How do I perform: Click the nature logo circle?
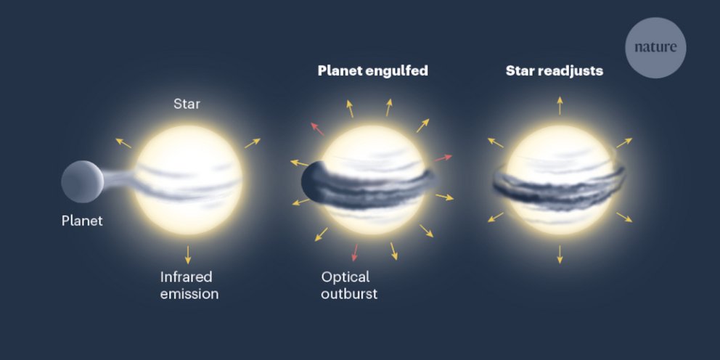(x=655, y=48)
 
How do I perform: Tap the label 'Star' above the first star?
(x=187, y=104)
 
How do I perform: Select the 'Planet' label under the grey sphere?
(x=82, y=221)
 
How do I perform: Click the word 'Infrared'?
(x=186, y=277)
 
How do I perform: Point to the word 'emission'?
(x=189, y=294)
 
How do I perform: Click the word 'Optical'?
(x=345, y=277)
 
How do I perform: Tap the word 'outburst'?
(x=349, y=294)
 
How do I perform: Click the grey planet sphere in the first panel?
(x=82, y=181)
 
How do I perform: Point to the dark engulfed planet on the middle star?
(x=314, y=181)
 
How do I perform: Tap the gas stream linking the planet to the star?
(x=118, y=179)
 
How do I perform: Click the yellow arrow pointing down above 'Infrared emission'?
(x=187, y=255)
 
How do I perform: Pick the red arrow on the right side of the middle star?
(x=443, y=158)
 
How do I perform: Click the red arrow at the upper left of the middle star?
(x=317, y=129)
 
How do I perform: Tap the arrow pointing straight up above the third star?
(x=560, y=106)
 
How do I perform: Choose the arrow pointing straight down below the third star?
(x=560, y=254)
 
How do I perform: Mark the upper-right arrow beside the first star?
(x=252, y=143)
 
